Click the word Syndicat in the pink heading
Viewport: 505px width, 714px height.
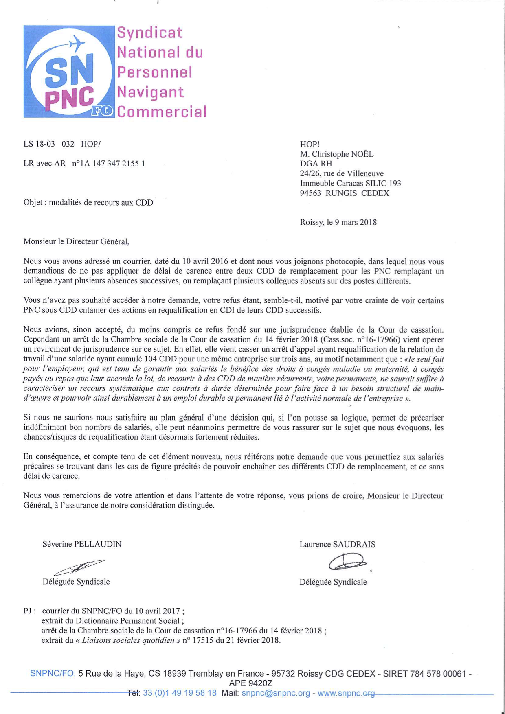(150, 33)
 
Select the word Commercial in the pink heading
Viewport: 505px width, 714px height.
(162, 112)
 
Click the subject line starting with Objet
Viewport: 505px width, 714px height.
(88, 203)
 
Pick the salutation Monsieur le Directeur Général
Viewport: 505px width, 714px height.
(76, 241)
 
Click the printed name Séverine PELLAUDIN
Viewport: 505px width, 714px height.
(82, 544)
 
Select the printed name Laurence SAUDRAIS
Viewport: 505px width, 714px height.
(337, 544)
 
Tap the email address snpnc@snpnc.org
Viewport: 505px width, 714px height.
(276, 693)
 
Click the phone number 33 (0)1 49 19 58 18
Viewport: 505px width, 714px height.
(180, 693)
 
